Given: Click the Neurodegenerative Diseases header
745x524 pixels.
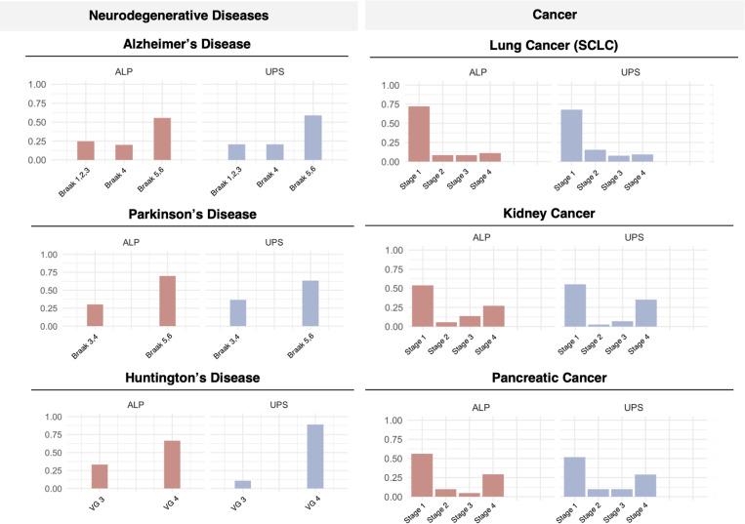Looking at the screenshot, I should [x=178, y=15].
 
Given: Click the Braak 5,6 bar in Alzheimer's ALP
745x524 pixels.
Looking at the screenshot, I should [x=162, y=139].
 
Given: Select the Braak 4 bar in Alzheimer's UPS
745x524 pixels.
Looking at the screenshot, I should [x=274, y=152].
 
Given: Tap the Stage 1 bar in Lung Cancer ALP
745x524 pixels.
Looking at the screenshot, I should [x=419, y=134].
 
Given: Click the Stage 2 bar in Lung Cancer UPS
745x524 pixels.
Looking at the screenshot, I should [x=596, y=155].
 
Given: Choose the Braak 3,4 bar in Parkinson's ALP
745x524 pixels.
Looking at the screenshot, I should [x=95, y=315].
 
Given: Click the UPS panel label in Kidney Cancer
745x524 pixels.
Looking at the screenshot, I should [x=633, y=237].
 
